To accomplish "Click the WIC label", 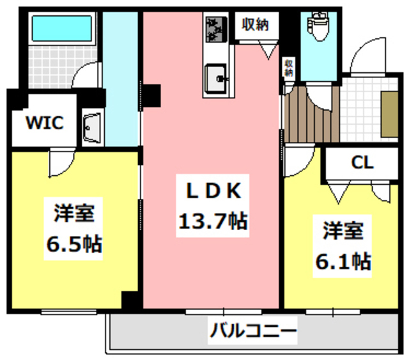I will click(44, 123).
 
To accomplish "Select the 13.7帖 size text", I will click(212, 221).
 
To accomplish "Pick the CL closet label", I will click(362, 162).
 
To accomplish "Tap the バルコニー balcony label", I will click(252, 332).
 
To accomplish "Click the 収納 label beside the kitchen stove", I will click(255, 25).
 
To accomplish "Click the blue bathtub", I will click(61, 27).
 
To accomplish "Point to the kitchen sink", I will click(217, 81).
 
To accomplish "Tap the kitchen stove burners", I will click(217, 28).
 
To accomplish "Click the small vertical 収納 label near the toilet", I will click(289, 68).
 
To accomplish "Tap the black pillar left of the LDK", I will click(152, 94).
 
